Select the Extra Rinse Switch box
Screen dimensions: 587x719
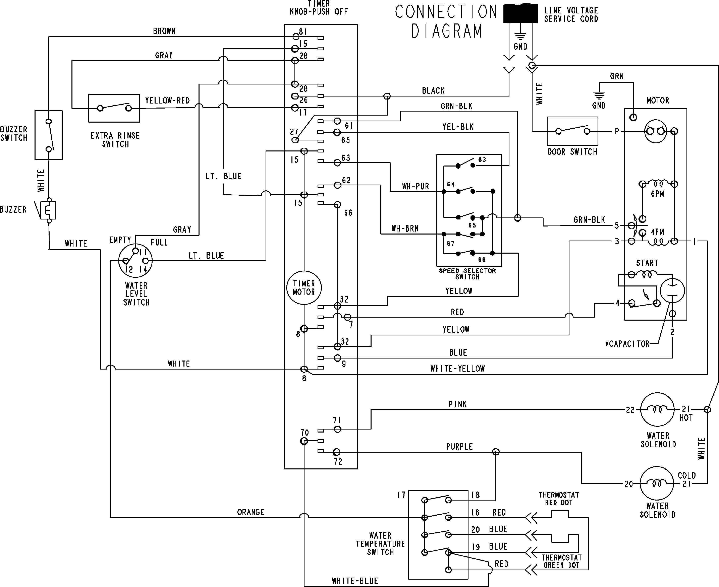[114, 108]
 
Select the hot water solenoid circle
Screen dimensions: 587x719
[657, 409]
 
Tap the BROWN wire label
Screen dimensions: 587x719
[164, 31]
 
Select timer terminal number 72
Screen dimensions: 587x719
[338, 462]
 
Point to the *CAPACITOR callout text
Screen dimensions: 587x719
[627, 344]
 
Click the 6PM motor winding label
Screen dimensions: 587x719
[657, 194]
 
